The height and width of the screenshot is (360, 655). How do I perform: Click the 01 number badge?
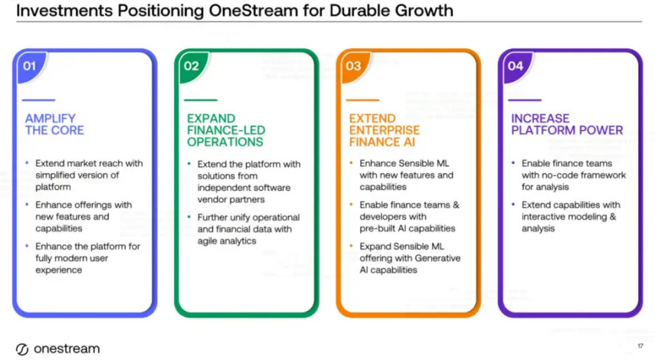(30, 66)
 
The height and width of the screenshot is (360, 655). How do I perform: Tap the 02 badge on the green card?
(192, 66)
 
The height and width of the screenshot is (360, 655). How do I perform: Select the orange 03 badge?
(354, 66)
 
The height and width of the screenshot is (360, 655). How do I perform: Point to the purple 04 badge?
(516, 66)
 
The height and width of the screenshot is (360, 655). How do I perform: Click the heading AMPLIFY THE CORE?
(55, 125)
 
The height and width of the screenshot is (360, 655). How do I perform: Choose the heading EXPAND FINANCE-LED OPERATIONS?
(226, 130)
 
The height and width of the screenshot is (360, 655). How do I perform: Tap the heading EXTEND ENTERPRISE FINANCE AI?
(384, 130)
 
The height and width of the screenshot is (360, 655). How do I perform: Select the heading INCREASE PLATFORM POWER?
(567, 125)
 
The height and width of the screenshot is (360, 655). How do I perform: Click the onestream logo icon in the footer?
(22, 349)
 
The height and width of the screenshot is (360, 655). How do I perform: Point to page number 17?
(641, 346)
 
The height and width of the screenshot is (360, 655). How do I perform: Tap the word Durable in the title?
(360, 10)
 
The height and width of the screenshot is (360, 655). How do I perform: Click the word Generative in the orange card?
(437, 258)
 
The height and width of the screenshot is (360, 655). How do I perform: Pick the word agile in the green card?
(207, 241)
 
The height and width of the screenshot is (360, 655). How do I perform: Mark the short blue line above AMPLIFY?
(38, 100)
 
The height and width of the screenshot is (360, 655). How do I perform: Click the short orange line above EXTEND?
(362, 100)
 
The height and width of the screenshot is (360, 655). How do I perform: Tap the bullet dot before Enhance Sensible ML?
(351, 163)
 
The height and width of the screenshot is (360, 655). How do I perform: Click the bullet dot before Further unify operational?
(189, 217)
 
